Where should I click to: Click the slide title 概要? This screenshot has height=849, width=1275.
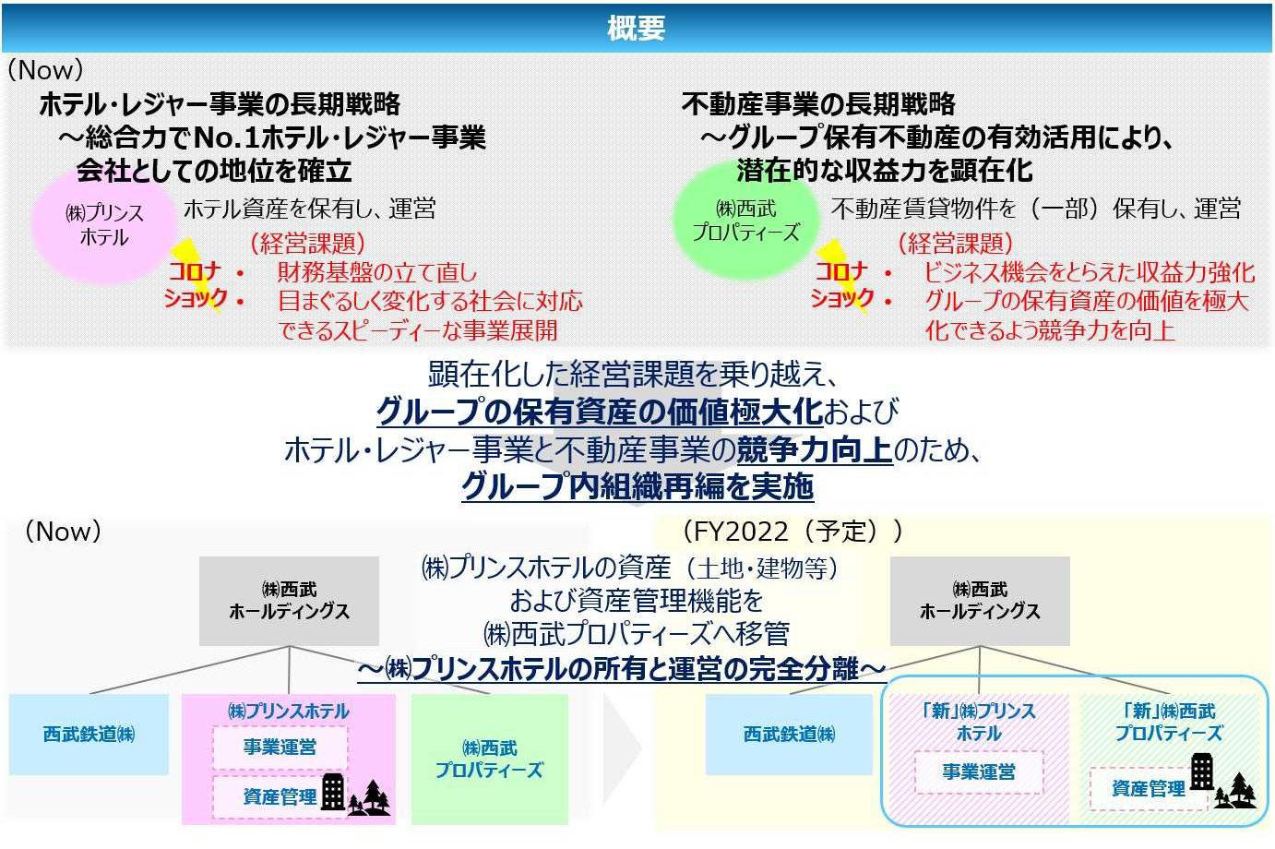[x=636, y=28]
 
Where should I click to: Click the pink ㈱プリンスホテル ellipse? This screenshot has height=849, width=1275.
[x=103, y=226]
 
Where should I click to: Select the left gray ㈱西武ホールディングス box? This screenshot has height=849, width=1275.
[x=289, y=601]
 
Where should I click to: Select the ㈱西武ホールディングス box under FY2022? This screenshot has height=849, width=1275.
[x=980, y=601]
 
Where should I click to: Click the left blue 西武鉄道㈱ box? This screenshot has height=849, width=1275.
[x=89, y=734]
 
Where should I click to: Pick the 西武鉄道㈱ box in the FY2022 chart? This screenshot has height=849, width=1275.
[x=789, y=734]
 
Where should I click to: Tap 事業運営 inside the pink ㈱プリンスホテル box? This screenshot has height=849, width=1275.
[x=280, y=747]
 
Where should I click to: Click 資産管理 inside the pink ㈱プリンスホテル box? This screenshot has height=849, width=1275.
[x=280, y=796]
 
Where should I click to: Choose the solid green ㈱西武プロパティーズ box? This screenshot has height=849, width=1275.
[x=490, y=759]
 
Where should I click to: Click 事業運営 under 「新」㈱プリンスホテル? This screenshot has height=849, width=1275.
[x=979, y=772]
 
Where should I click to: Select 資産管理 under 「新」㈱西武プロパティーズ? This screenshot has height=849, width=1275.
[x=1149, y=789]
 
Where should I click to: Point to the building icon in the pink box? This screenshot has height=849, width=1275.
[x=334, y=792]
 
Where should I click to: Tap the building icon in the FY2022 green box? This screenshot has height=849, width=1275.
[x=1202, y=771]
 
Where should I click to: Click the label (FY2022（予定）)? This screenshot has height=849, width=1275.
[x=792, y=532]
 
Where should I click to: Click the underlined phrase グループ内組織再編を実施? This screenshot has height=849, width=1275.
[x=637, y=486]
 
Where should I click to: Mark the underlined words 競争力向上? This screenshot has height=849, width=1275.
[x=815, y=449]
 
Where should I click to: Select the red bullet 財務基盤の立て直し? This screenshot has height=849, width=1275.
[x=376, y=272]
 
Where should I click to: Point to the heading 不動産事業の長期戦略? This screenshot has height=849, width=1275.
[x=818, y=104]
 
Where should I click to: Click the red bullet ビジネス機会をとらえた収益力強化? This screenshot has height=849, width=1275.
[x=1089, y=272]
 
